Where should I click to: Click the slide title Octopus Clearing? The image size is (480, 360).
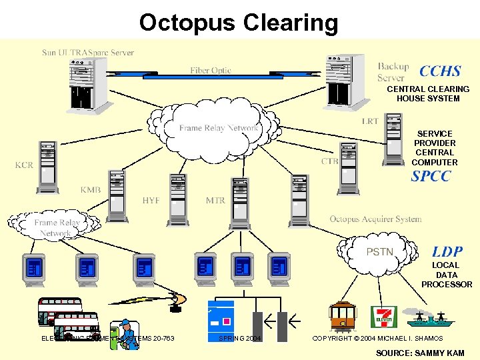pyautogui.click(x=239, y=23)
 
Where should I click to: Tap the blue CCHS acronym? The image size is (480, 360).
pyautogui.click(x=440, y=71)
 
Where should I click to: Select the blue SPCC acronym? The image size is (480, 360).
pyautogui.click(x=431, y=177)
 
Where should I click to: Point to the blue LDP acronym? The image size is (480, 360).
pyautogui.click(x=447, y=251)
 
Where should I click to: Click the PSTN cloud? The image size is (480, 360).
pyautogui.click(x=380, y=252)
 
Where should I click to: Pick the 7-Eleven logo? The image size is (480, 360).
pyautogui.click(x=385, y=317)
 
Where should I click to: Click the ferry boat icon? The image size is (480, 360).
pyautogui.click(x=430, y=319)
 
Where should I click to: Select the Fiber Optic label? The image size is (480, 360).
pyautogui.click(x=211, y=71)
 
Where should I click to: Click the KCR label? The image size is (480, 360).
pyautogui.click(x=24, y=165)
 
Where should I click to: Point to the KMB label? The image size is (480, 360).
pyautogui.click(x=91, y=190)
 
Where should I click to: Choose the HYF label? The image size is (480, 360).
pyautogui.click(x=151, y=201)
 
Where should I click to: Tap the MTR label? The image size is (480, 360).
pyautogui.click(x=215, y=201)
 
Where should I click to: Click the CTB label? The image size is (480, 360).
pyautogui.click(x=329, y=161)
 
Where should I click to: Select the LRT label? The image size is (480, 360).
pyautogui.click(x=370, y=121)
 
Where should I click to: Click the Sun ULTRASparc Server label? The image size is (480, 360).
pyautogui.click(x=88, y=52)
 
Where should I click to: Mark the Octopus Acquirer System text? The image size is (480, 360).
pyautogui.click(x=375, y=219)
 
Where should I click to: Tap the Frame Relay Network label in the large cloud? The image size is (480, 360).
pyautogui.click(x=218, y=128)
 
